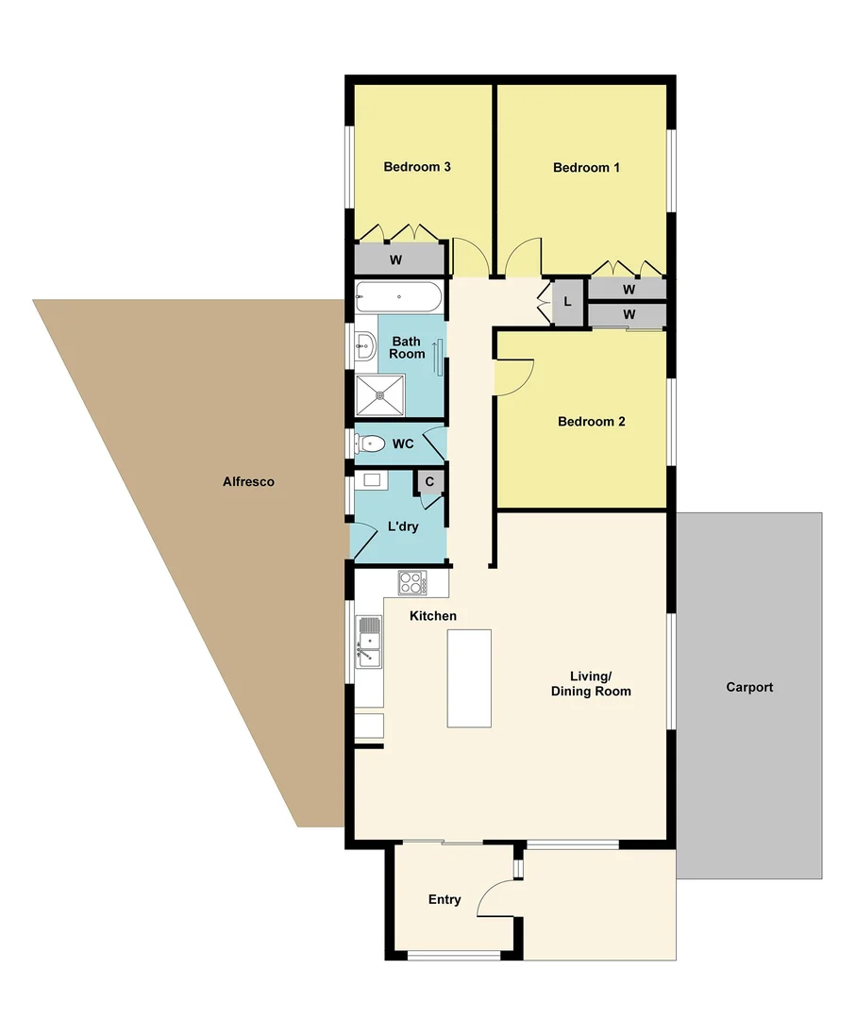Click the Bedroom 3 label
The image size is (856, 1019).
click(x=416, y=167)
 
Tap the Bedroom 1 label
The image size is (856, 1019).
click(x=586, y=168)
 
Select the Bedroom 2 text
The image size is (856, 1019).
click(x=592, y=422)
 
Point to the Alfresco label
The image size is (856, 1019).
click(x=248, y=481)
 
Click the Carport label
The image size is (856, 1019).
click(x=749, y=687)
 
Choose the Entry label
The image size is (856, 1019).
click(x=445, y=899)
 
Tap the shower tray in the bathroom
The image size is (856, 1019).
click(x=380, y=394)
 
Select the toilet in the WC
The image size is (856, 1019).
click(x=369, y=443)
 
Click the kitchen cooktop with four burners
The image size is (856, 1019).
click(x=412, y=583)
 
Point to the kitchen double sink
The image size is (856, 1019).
click(x=368, y=643)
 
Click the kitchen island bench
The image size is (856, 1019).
click(x=469, y=677)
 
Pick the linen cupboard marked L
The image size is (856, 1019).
click(x=566, y=303)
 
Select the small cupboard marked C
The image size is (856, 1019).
click(x=429, y=481)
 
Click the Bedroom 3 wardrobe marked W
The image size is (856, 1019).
click(x=397, y=259)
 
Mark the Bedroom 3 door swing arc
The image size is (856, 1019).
click(x=469, y=255)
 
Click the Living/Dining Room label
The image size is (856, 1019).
click(x=591, y=684)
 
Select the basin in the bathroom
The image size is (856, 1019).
click(x=365, y=347)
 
